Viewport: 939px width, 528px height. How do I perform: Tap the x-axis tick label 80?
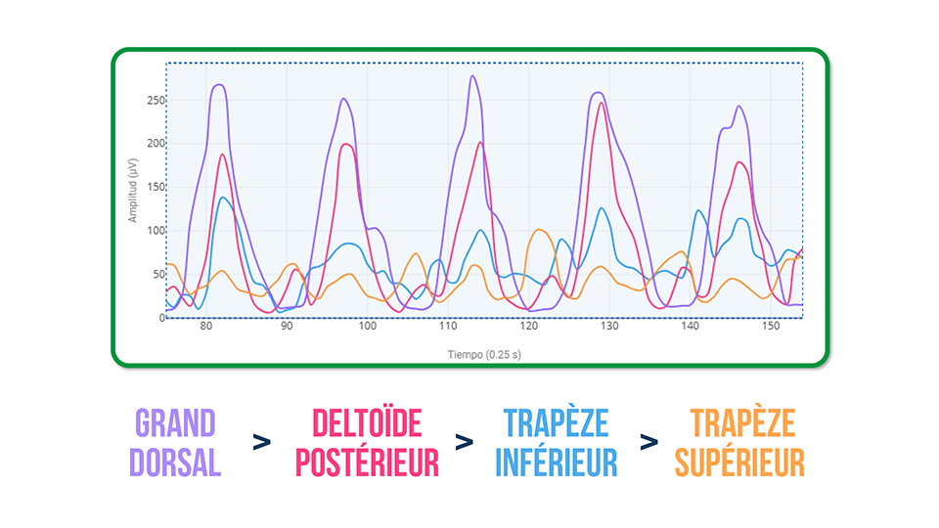coord(205,327)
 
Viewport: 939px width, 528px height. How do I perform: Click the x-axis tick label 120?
coord(528,327)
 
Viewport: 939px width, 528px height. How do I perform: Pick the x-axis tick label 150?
coord(771,327)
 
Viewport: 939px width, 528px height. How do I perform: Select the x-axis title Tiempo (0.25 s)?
coord(483,354)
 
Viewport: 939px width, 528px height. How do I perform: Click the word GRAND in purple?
coord(175,424)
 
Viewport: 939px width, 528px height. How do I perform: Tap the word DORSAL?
coord(175,462)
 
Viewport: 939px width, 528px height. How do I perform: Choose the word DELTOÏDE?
coord(367,424)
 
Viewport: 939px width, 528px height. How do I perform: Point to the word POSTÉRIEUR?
coord(367,462)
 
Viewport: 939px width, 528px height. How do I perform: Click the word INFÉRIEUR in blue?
coord(556,462)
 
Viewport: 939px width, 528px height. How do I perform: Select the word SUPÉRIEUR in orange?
coord(739,462)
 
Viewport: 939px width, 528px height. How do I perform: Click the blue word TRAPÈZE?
coord(556,424)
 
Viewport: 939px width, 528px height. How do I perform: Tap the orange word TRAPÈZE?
coord(739,424)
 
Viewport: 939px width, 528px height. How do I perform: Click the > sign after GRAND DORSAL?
coord(261,442)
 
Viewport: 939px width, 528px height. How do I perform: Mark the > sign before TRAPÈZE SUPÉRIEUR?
coord(648,442)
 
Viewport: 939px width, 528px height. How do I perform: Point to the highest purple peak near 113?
coord(471,76)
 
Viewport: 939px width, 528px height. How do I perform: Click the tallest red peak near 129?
coord(603,103)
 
